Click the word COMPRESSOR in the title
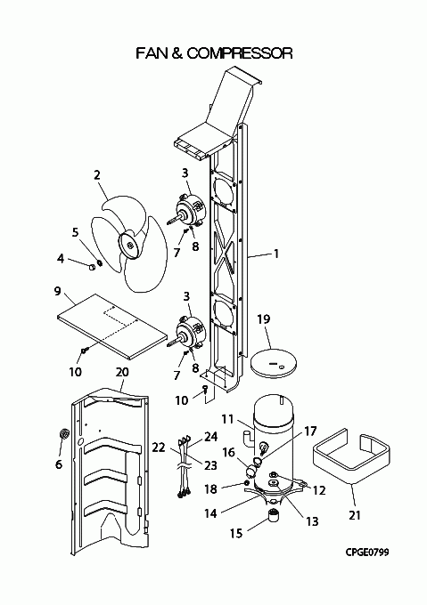click(x=240, y=52)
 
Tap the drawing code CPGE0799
click(x=367, y=553)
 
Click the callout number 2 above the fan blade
click(x=97, y=174)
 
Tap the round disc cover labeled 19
click(x=274, y=363)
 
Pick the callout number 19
click(x=264, y=319)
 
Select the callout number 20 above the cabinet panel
click(x=122, y=372)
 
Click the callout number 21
click(x=355, y=515)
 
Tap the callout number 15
click(x=236, y=534)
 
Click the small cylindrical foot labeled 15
click(x=273, y=515)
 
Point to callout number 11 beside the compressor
click(x=227, y=419)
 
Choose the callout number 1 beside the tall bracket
click(x=276, y=254)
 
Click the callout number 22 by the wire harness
click(x=159, y=448)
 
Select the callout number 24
click(x=211, y=436)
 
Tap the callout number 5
click(x=75, y=232)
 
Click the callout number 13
click(x=312, y=521)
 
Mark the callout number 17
click(x=311, y=431)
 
